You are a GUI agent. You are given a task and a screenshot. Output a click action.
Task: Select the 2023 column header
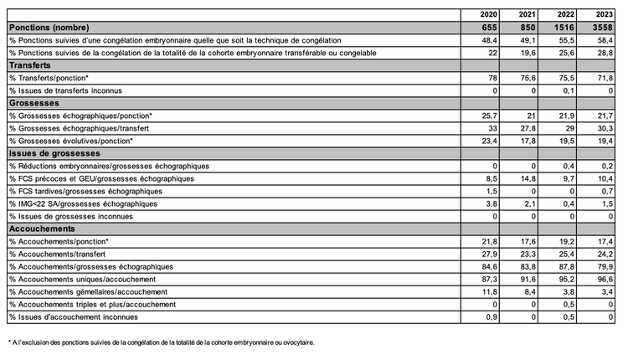[x=604, y=15]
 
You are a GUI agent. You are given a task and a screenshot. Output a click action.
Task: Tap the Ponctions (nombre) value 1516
[x=565, y=28]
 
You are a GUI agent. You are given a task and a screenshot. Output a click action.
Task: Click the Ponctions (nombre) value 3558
[x=603, y=28]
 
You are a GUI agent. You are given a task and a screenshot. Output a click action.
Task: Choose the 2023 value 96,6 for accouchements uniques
[x=605, y=279]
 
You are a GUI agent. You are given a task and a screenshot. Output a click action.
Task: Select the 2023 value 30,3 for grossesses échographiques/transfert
[x=605, y=127]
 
